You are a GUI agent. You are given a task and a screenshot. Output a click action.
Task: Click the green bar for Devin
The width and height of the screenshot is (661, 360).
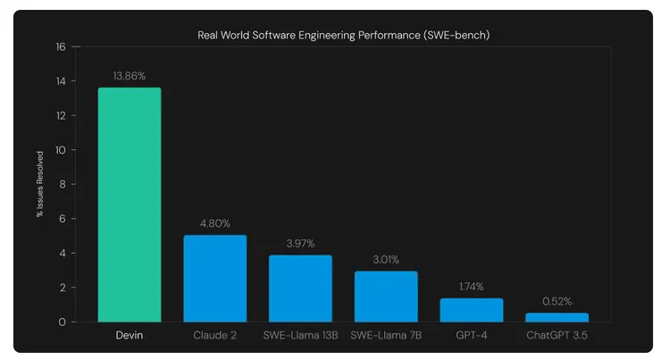point(130,205)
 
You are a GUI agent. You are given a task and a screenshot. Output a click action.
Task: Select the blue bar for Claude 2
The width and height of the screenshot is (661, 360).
point(214,279)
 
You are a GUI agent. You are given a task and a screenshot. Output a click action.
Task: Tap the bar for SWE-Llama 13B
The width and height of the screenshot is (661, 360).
point(300,289)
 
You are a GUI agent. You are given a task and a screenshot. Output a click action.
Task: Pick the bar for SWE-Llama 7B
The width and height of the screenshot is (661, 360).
point(386,297)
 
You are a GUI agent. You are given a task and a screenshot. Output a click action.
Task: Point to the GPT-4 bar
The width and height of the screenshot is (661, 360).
point(471,310)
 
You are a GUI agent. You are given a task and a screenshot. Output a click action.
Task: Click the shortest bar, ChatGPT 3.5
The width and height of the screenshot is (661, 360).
point(556,317)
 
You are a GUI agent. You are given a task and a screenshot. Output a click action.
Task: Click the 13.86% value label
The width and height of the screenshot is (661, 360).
point(130,77)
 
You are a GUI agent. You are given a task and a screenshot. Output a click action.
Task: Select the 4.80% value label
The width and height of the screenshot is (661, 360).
point(214,223)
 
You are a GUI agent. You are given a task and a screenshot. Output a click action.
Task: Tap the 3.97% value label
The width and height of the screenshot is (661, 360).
point(300,243)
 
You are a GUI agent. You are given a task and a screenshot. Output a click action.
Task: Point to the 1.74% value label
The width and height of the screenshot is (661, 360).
point(471,286)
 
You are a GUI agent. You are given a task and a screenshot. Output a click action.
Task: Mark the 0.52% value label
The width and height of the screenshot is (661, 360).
point(556,301)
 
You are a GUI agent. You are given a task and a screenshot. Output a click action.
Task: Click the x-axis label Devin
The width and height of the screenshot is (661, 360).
point(130,336)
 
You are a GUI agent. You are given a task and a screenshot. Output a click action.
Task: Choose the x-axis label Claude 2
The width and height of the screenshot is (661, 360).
point(214,336)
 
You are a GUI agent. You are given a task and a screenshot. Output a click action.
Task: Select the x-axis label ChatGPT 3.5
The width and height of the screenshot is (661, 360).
point(556,336)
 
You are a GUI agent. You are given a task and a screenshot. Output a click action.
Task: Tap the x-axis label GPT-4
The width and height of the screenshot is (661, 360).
point(471,336)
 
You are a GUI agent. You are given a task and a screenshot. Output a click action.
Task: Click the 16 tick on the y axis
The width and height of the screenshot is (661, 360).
point(61,46)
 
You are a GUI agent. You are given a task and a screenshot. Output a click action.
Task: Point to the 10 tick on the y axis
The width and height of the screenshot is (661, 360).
point(61,150)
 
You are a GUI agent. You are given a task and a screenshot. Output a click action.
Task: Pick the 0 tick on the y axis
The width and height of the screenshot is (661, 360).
point(63,322)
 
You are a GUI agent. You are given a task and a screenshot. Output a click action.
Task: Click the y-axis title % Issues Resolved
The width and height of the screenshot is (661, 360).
point(40,184)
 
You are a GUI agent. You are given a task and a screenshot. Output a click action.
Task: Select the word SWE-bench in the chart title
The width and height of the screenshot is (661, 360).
point(456,35)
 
